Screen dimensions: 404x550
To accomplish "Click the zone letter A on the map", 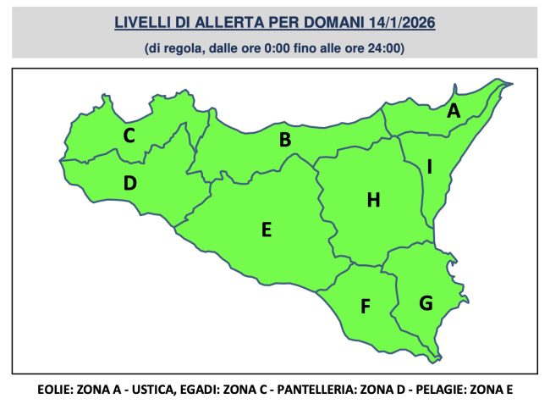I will pos(454,110).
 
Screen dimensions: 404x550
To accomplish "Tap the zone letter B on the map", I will pos(285,140).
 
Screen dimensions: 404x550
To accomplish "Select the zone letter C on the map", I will pos(129,135).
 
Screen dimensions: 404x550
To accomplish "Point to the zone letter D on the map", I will pos(130,182).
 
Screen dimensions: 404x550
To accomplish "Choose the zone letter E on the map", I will pos(266,229).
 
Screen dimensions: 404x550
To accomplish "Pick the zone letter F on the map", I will pos(366,306).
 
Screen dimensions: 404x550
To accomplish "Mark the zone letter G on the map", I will pos(426,302).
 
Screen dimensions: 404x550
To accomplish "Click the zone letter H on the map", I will pos(373,200).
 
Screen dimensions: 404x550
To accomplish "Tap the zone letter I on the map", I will pos(430,168).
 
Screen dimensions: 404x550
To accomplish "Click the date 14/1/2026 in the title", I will pos(398,24).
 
